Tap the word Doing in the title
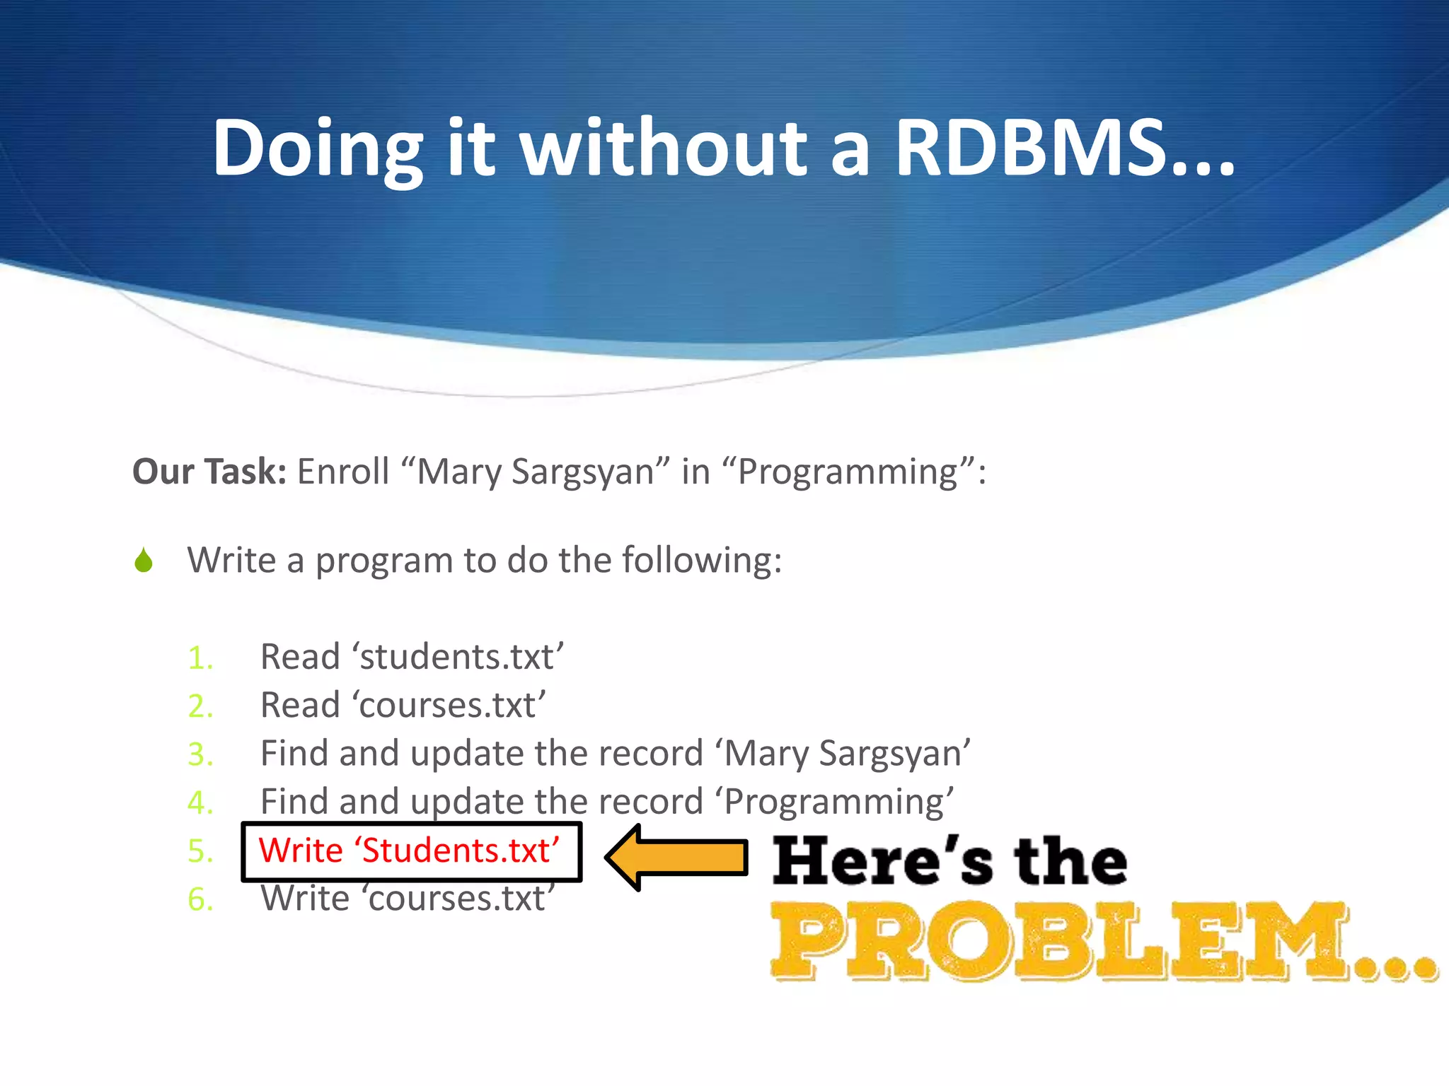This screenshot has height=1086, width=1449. click(x=318, y=148)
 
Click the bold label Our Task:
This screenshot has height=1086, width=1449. click(x=209, y=472)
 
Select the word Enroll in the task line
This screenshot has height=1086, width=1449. click(x=343, y=472)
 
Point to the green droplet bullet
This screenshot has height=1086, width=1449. click(x=144, y=561)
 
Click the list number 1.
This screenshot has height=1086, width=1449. click(x=200, y=658)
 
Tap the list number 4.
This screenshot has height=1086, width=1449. click(x=200, y=802)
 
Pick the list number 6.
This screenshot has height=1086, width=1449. click(x=200, y=899)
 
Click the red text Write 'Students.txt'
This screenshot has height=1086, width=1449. click(x=409, y=851)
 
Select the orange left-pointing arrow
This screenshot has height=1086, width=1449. click(x=678, y=857)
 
